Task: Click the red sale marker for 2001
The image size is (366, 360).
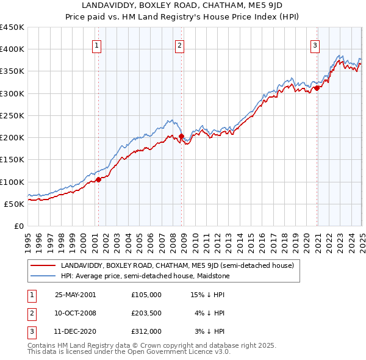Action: tap(98, 179)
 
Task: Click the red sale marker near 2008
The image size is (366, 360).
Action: tap(181, 136)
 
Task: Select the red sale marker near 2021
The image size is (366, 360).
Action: tap(317, 88)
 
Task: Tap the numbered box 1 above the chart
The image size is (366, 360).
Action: tap(98, 44)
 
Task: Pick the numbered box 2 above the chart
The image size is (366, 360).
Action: tap(180, 44)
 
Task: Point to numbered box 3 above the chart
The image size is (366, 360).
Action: tap(315, 44)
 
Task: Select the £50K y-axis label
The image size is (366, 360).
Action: tap(14, 204)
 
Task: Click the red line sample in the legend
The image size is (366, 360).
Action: tap(43, 265)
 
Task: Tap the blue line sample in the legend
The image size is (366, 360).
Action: tap(43, 276)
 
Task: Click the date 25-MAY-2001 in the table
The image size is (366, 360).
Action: tap(75, 294)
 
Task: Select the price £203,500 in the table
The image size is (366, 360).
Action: tap(146, 312)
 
